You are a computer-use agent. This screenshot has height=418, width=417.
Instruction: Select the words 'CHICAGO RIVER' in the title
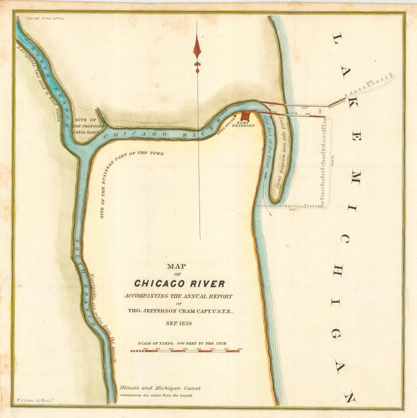click(180, 282)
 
